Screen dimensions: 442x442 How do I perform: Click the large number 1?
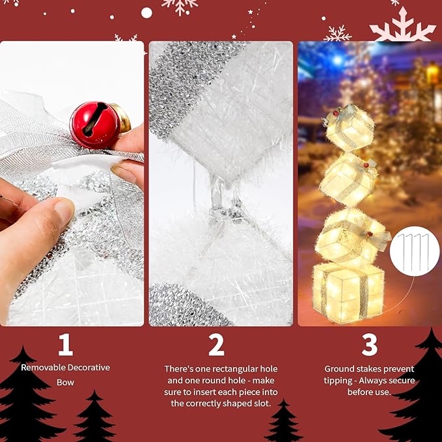[x=65, y=345]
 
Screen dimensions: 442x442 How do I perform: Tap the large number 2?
[x=216, y=345]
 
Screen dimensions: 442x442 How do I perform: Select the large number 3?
[x=370, y=345]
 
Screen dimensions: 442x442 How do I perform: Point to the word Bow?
[x=65, y=382]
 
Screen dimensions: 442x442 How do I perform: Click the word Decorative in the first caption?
[x=87, y=368]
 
